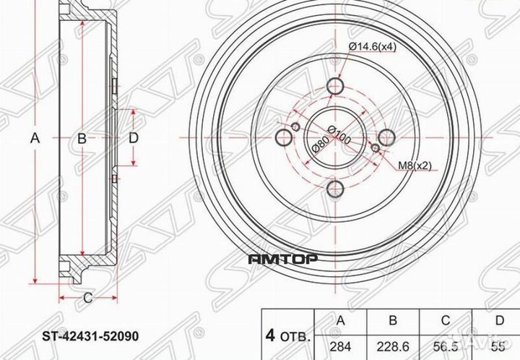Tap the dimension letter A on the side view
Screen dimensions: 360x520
35,139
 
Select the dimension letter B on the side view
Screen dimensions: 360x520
82,139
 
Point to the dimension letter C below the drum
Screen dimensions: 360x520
86,297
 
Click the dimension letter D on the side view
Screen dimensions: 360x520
133,139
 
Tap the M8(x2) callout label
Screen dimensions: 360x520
415,166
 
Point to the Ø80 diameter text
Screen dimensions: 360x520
316,147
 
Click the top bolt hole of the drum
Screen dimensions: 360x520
336,87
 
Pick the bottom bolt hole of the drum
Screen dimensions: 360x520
336,189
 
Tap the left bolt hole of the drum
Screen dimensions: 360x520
285,138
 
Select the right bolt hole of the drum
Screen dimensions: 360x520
387,138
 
